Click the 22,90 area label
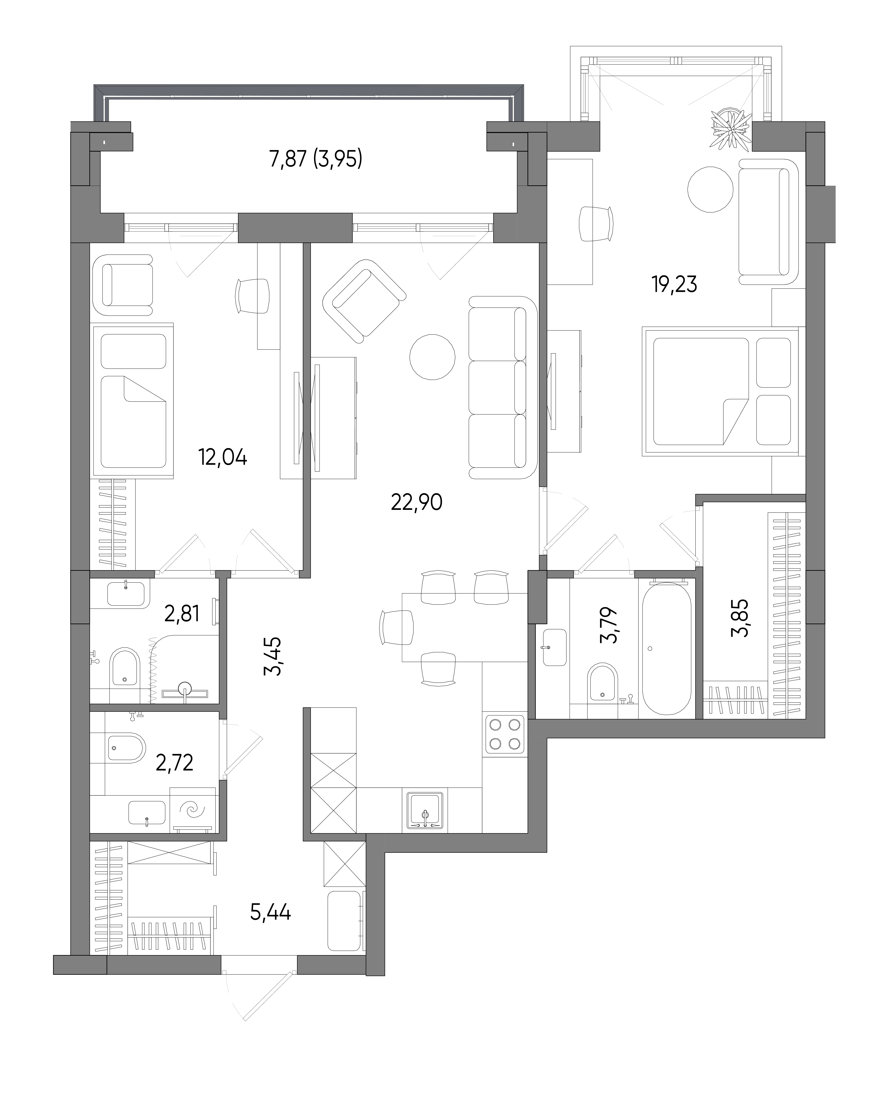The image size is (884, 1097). pos(417,503)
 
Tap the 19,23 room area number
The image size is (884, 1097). pos(674,284)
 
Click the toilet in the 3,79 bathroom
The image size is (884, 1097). pos(602,682)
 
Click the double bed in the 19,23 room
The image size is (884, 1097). pos(720,391)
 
